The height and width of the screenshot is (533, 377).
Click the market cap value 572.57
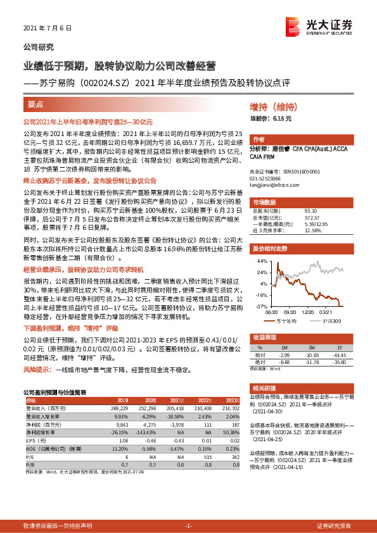[x=310, y=216]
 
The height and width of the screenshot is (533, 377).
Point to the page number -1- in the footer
[x=188, y=526]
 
